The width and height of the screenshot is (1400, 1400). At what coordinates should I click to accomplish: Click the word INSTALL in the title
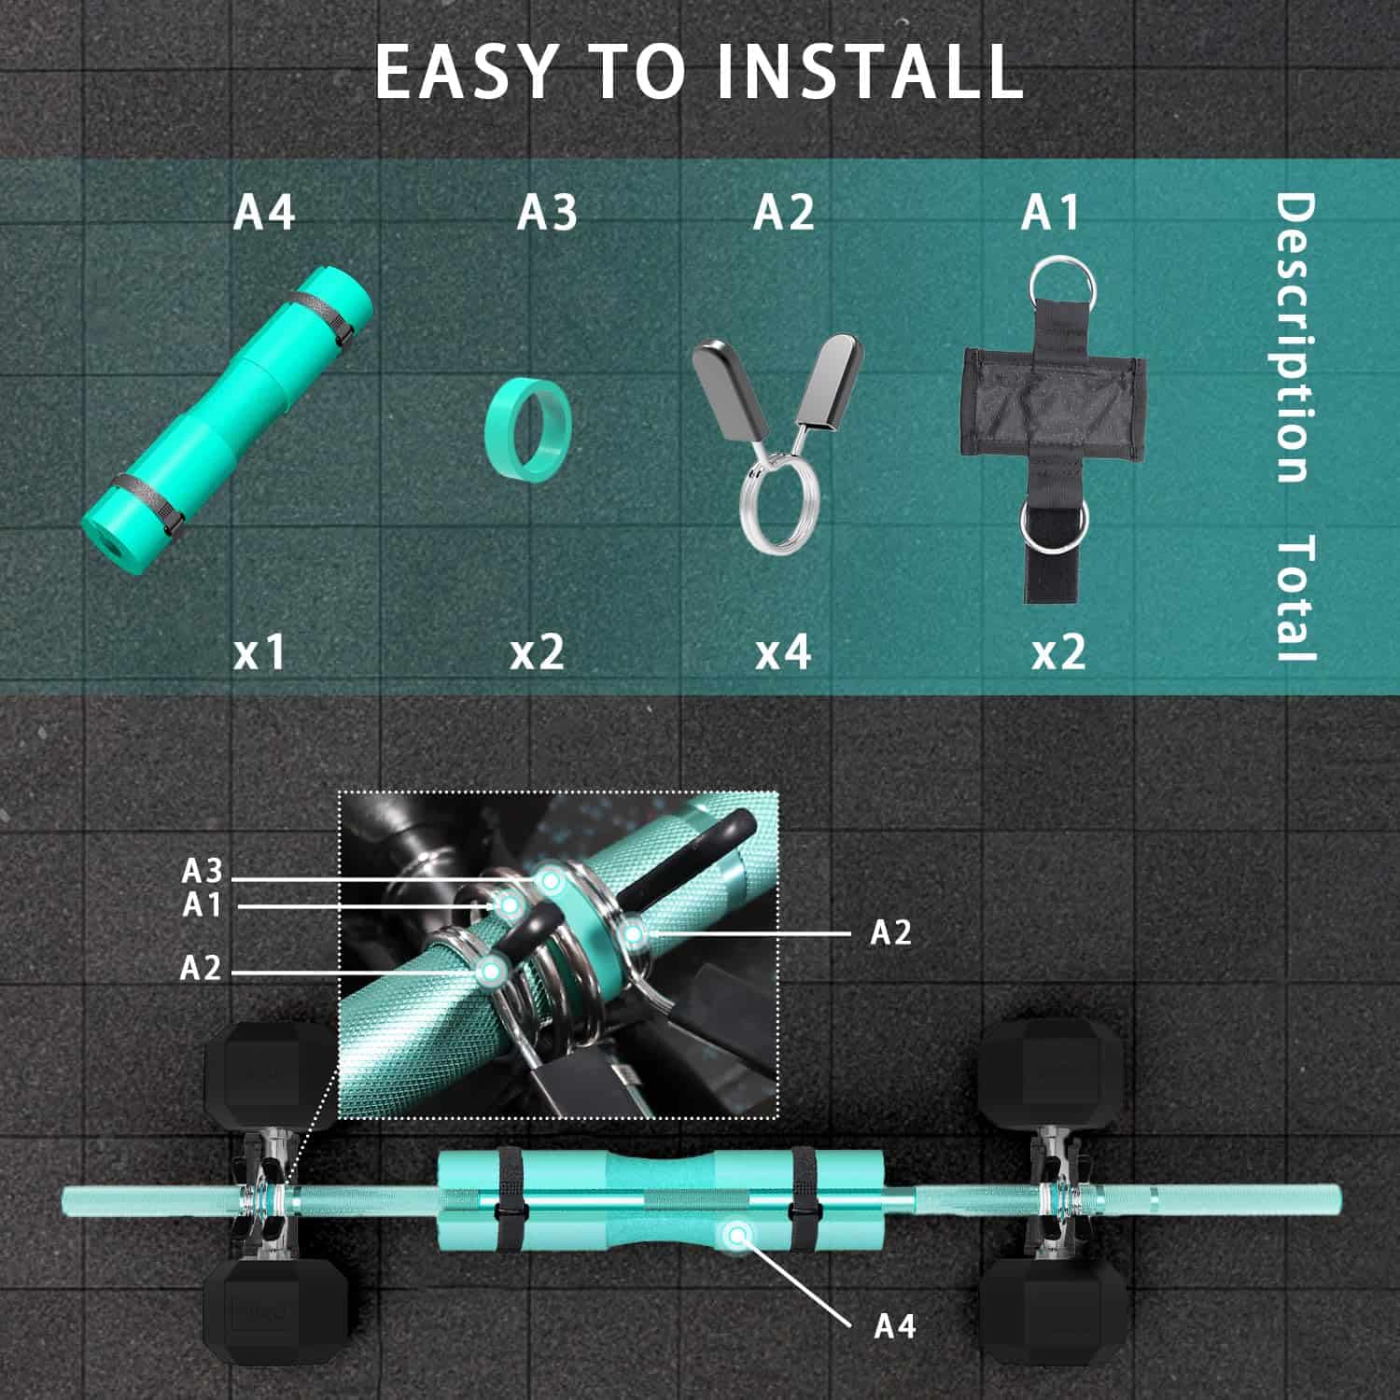[x=870, y=71]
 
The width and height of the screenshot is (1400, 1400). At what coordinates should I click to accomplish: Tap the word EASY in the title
[x=465, y=71]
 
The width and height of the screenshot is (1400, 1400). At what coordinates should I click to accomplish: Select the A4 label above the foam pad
[x=264, y=212]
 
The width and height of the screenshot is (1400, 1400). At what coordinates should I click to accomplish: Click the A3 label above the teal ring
[x=547, y=212]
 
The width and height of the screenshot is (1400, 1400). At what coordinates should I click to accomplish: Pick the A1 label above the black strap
[x=1050, y=212]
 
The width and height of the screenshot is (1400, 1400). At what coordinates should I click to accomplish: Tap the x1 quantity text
[x=259, y=651]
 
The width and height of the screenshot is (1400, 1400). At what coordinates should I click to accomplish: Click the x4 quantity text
[x=782, y=651]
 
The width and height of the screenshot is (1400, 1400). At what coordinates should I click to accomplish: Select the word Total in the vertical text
[x=1295, y=598]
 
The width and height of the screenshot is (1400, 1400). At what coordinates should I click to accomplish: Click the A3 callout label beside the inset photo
[x=203, y=871]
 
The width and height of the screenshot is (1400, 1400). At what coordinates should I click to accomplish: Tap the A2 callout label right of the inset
[x=890, y=931]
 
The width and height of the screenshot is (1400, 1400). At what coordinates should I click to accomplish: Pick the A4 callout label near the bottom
[x=895, y=1325]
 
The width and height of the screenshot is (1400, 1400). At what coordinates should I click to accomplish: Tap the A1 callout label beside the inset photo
[x=202, y=904]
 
